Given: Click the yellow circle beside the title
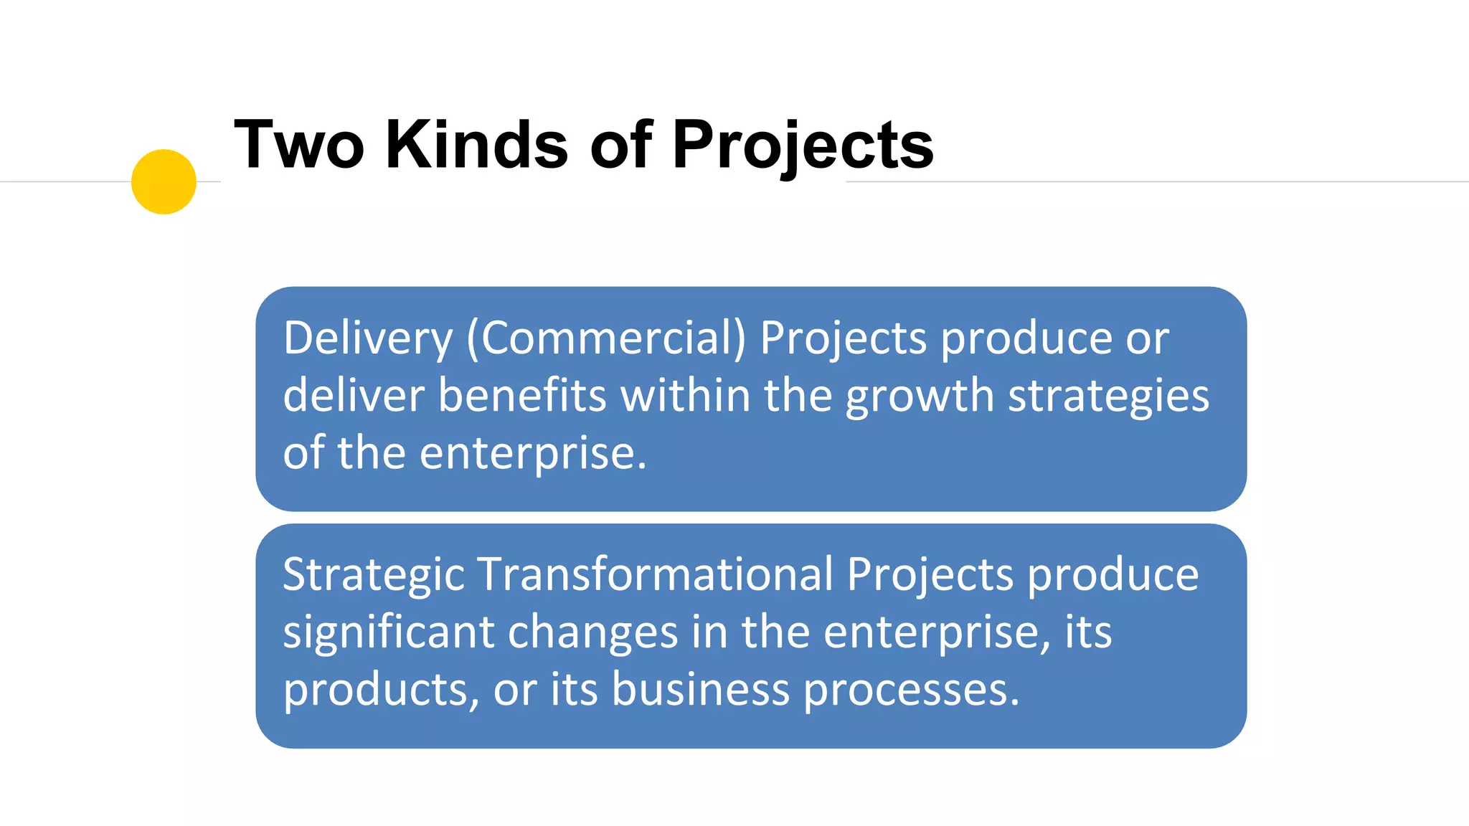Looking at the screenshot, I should point(164,181).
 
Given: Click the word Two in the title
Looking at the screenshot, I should point(299,145).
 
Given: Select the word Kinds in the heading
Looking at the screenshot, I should point(477,145).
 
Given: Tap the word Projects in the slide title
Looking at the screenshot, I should point(803,145).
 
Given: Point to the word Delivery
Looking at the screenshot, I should point(368,338).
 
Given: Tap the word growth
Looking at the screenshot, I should point(920,396).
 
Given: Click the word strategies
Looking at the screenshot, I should point(1108,396).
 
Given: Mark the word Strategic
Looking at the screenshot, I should point(374,575).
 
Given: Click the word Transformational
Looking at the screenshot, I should point(656,575).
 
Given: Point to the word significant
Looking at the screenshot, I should point(389,632).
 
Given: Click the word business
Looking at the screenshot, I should point(701,690).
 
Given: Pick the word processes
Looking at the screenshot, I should point(910,690).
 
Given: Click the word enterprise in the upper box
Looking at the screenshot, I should point(533,453).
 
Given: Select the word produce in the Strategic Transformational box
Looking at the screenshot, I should point(1113,575).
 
